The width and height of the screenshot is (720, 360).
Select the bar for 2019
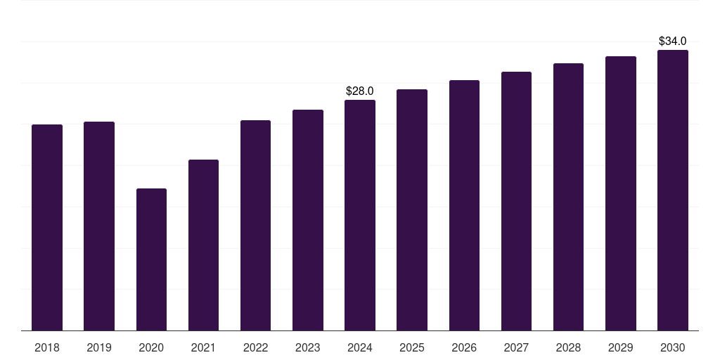[x=99, y=226]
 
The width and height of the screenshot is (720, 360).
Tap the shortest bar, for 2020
[x=151, y=259]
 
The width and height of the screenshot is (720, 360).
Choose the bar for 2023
[x=308, y=220]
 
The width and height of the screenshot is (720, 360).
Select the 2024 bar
[x=360, y=215]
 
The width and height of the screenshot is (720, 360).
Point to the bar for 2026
[x=464, y=205]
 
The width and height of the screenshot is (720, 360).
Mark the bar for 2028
[x=568, y=197]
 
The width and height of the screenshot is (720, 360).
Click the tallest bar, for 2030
[x=672, y=190]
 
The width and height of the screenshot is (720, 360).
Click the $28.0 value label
[x=360, y=91]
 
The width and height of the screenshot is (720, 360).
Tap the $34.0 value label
[x=672, y=41]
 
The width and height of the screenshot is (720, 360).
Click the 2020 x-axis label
[x=151, y=347]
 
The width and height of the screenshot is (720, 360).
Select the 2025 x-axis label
[x=412, y=347]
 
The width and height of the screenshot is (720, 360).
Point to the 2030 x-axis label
[x=672, y=347]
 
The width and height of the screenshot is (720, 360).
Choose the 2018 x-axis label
[x=47, y=347]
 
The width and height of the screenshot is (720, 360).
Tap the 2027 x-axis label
[x=516, y=347]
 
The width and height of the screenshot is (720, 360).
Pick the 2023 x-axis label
[x=308, y=347]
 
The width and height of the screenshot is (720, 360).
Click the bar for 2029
[x=620, y=193]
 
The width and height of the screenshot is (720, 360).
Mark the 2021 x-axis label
[x=203, y=347]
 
